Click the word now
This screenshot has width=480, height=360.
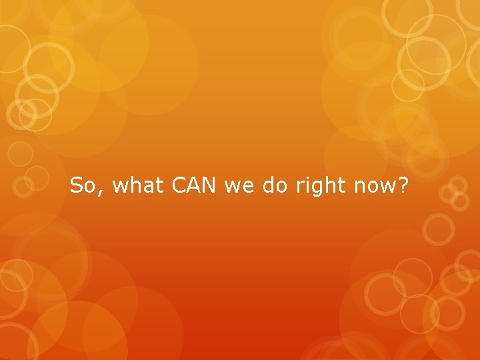373,187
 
